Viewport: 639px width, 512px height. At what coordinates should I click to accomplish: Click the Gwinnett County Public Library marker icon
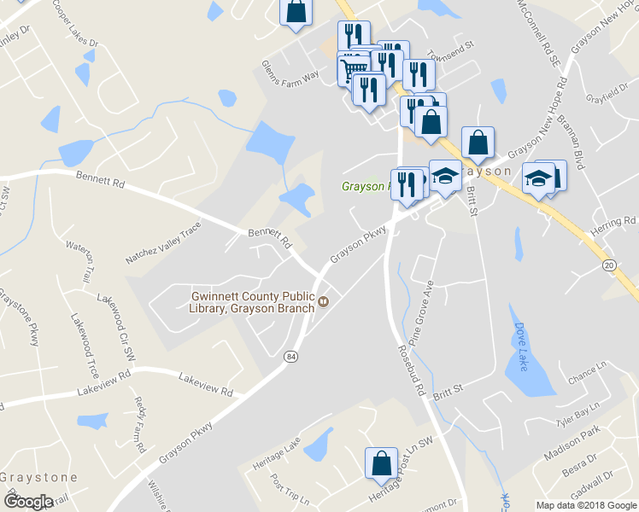coord(324,301)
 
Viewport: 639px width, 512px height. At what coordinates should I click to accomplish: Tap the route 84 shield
coord(292,355)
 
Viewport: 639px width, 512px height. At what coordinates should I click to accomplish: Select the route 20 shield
coord(608,265)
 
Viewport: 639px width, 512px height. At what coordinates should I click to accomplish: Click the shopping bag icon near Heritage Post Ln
coord(381,462)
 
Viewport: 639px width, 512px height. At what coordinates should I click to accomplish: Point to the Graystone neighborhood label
coord(38,477)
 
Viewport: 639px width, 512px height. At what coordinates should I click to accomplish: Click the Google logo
coord(28,501)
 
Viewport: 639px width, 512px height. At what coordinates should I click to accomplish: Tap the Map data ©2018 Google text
coord(585,505)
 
